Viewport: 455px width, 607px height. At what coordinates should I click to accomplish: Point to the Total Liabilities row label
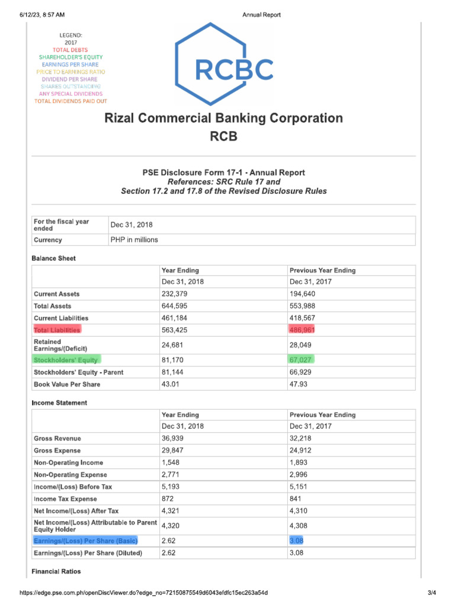click(57, 330)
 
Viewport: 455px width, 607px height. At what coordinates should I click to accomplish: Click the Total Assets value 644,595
click(175, 306)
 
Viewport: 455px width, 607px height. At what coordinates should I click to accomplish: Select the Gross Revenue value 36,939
click(172, 439)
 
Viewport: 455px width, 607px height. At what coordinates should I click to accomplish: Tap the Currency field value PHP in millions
click(134, 240)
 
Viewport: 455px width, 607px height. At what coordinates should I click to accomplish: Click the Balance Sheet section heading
click(53, 258)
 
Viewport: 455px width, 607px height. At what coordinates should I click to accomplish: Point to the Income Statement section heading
click(59, 403)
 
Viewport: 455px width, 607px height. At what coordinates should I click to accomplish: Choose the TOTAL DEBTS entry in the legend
click(70, 50)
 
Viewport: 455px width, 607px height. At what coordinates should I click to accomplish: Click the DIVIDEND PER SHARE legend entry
click(70, 79)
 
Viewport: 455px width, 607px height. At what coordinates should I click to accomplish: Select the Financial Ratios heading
click(56, 571)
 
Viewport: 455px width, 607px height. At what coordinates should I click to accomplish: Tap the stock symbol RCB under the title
click(223, 136)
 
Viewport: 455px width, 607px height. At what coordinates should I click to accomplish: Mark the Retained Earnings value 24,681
click(173, 345)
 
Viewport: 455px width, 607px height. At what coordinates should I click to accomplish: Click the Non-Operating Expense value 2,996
click(299, 475)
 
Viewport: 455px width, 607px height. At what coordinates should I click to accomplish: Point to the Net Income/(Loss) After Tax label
click(76, 510)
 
